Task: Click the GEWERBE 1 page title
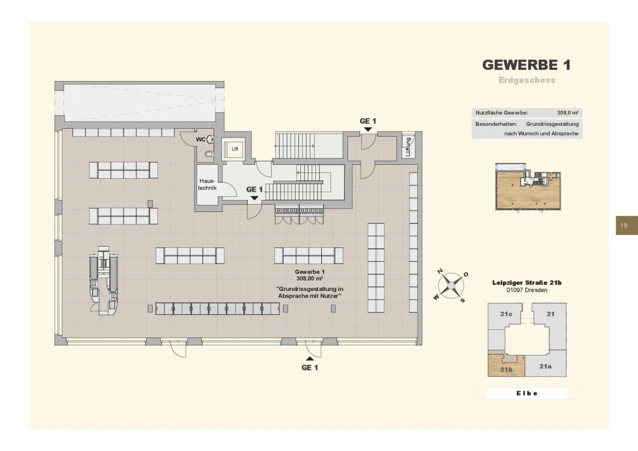pyautogui.click(x=526, y=65)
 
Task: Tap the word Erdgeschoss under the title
pyautogui.click(x=527, y=80)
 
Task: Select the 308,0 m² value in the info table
pyautogui.click(x=568, y=113)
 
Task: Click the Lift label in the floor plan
pyautogui.click(x=235, y=149)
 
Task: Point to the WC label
pyautogui.click(x=201, y=140)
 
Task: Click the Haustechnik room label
pyautogui.click(x=207, y=184)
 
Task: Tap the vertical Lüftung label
pyautogui.click(x=407, y=147)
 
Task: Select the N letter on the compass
pyautogui.click(x=440, y=271)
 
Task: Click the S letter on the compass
pyautogui.click(x=462, y=300)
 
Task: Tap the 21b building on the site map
pyautogui.click(x=506, y=366)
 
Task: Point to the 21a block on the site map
pyautogui.click(x=546, y=366)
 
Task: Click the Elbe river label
pyautogui.click(x=527, y=393)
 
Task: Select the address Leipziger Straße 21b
pyautogui.click(x=527, y=283)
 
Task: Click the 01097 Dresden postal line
pyautogui.click(x=527, y=290)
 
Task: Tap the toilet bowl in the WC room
pyautogui.click(x=208, y=154)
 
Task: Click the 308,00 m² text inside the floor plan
pyautogui.click(x=310, y=278)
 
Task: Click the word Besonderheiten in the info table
pyautogui.click(x=496, y=124)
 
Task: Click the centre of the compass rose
pyautogui.click(x=451, y=285)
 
